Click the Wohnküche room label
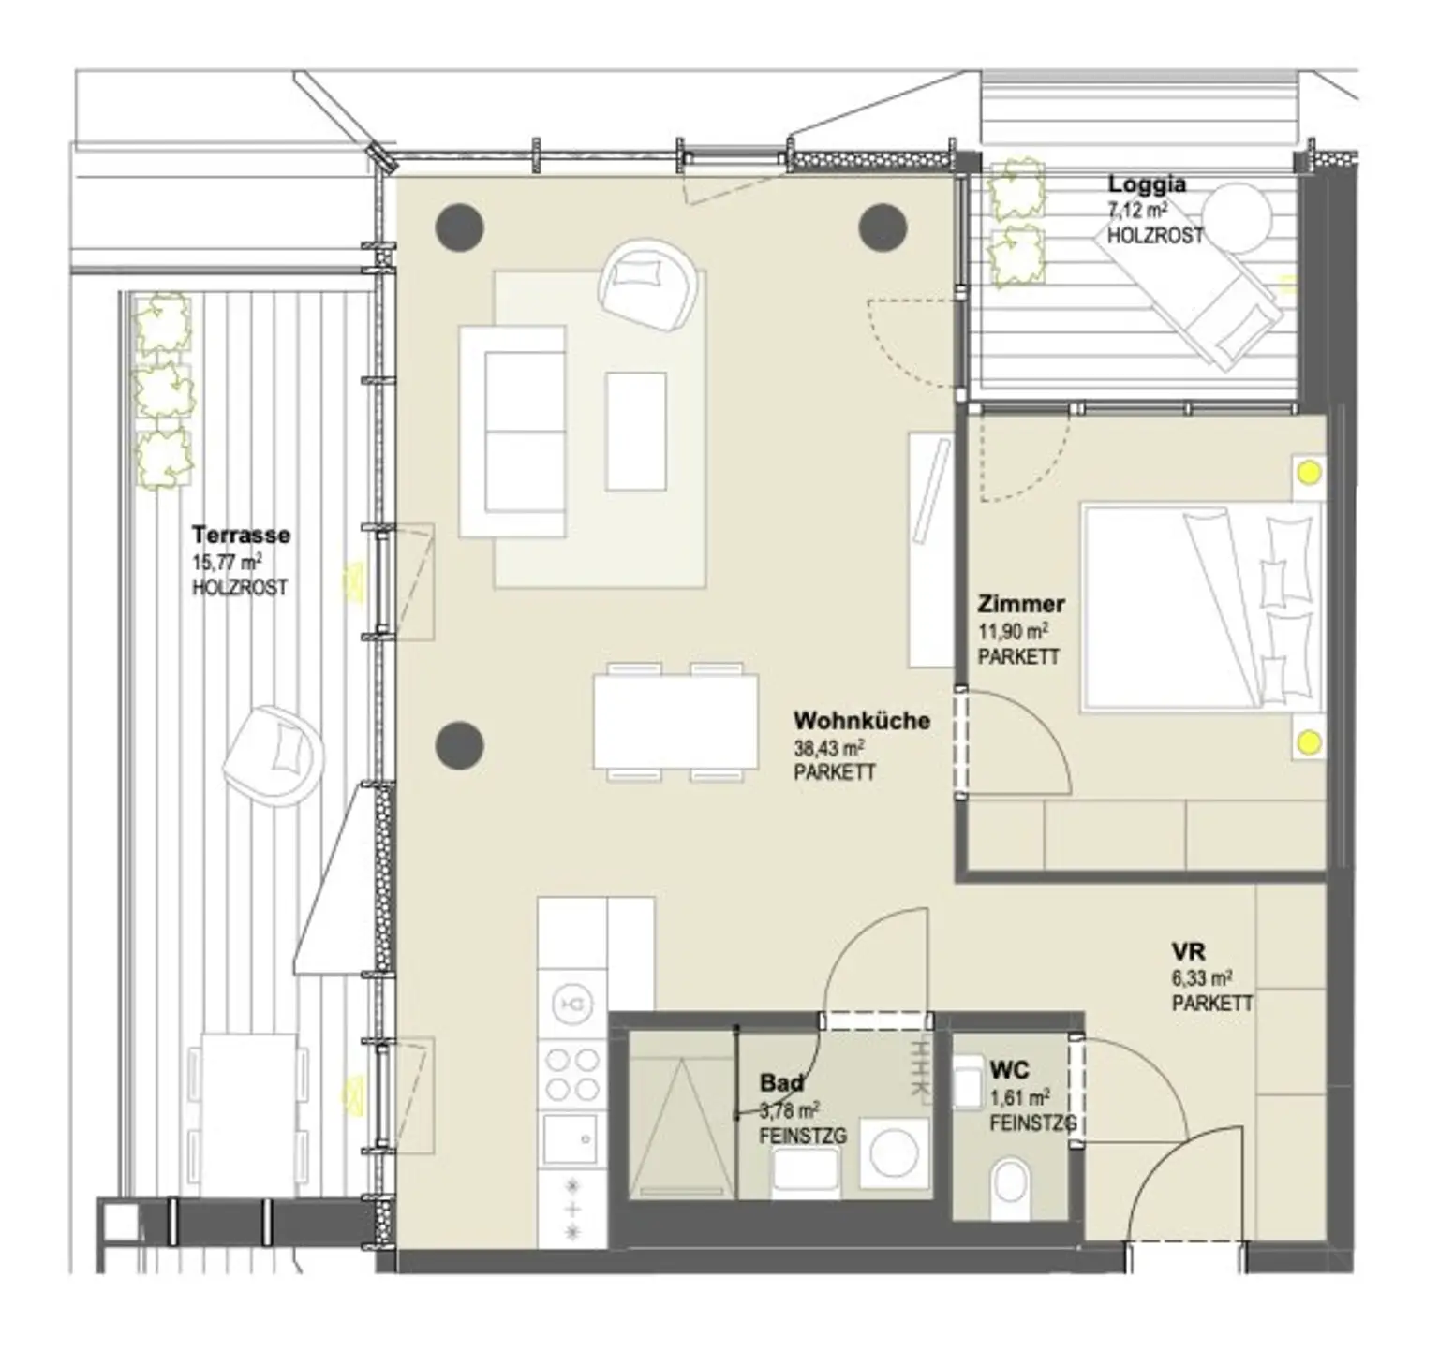click(x=861, y=721)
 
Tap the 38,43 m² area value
click(x=828, y=748)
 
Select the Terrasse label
click(x=241, y=536)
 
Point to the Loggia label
click(x=1147, y=184)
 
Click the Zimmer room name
click(x=1020, y=604)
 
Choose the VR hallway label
click(x=1188, y=953)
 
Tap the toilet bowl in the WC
click(x=1009, y=1184)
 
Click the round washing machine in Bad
click(x=895, y=1156)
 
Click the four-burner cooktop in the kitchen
click(x=572, y=1075)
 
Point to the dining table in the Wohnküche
click(x=675, y=722)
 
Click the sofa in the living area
click(x=512, y=432)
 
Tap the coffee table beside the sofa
click(x=636, y=432)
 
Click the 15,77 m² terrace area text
click(x=226, y=563)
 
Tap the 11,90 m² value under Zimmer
click(x=1013, y=631)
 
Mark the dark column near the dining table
click(x=460, y=745)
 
